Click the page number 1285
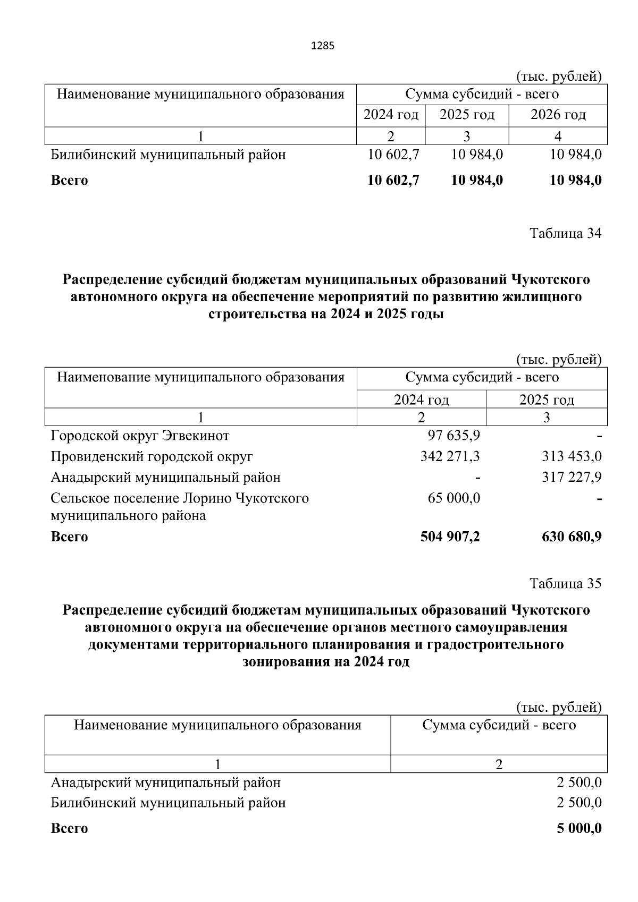(x=322, y=46)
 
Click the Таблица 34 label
(x=565, y=233)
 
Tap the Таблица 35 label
(x=565, y=583)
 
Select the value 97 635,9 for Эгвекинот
(x=454, y=436)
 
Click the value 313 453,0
(x=572, y=456)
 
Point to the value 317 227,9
(x=572, y=477)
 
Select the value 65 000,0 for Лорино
(x=454, y=498)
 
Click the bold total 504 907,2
(x=450, y=537)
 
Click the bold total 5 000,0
(x=579, y=828)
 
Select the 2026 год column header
(x=558, y=115)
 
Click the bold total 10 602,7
(x=393, y=180)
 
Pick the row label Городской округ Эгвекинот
(x=140, y=436)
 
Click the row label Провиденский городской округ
(x=152, y=456)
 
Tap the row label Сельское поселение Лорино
(x=179, y=499)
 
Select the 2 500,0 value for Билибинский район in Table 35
(x=579, y=803)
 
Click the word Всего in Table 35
(x=69, y=829)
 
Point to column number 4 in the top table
(x=558, y=137)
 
